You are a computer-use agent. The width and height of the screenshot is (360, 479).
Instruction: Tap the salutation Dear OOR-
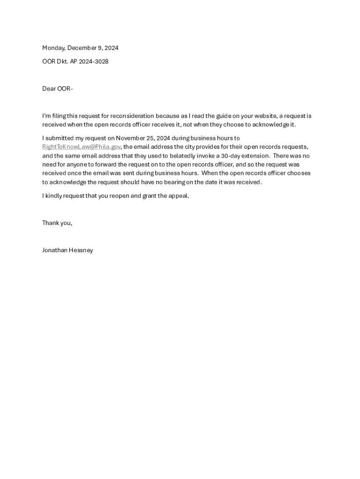[x=58, y=88]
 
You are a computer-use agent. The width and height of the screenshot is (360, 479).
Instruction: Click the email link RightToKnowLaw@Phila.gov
[x=81, y=147]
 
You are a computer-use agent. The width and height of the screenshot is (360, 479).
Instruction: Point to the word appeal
[x=179, y=196]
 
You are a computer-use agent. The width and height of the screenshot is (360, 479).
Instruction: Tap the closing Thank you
[x=57, y=223]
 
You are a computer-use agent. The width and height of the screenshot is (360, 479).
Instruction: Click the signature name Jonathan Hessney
[x=67, y=250]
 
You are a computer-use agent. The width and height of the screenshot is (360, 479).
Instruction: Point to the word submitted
[x=59, y=138]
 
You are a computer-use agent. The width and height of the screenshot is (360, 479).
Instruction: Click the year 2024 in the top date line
[x=111, y=48]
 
